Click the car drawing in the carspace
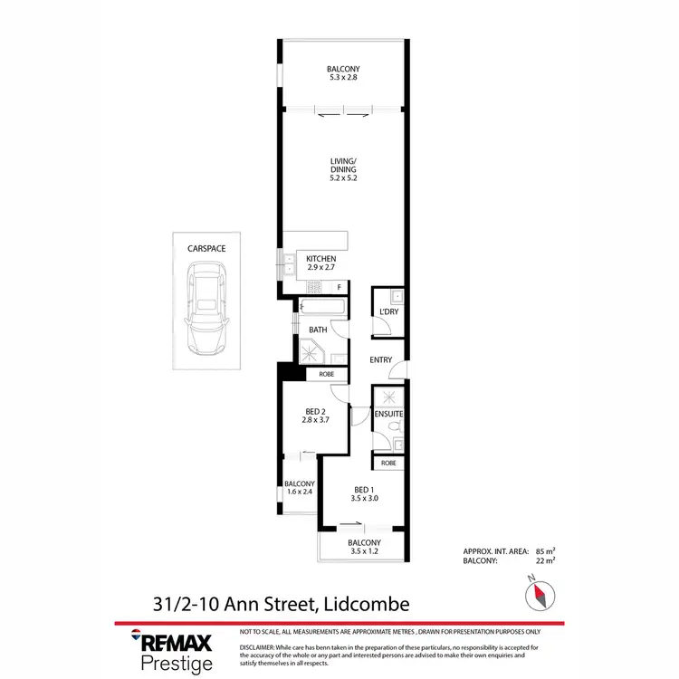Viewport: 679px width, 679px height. tap(207, 309)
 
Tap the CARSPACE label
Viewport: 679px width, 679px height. tap(207, 246)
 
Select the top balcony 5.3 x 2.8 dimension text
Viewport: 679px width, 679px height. tap(344, 78)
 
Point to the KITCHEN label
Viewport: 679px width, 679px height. tap(320, 259)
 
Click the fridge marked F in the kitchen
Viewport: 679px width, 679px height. tap(339, 287)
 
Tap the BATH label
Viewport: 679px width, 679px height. tap(318, 330)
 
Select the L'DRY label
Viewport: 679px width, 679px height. tap(389, 313)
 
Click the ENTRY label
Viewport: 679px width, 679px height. tap(381, 360)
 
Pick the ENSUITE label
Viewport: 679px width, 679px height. tap(389, 415)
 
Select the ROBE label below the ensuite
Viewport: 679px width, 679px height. tap(388, 463)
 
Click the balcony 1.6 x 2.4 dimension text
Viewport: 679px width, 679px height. tap(299, 493)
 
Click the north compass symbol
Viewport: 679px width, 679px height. tap(540, 593)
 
